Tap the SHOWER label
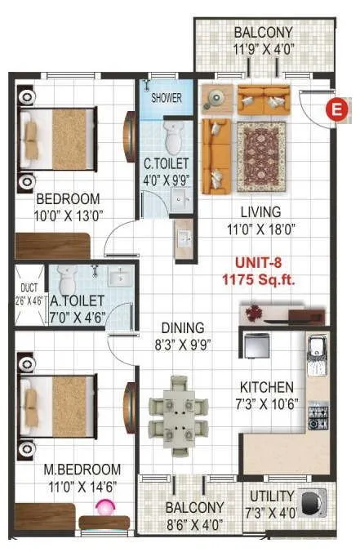click(167, 98)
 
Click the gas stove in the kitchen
click(317, 416)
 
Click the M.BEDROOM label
click(82, 470)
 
